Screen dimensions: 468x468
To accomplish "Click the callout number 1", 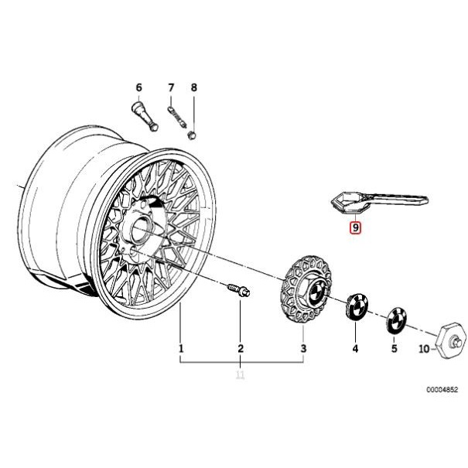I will (181, 349).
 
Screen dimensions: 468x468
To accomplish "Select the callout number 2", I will (241, 349).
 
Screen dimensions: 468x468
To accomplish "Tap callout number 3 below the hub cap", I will (303, 349).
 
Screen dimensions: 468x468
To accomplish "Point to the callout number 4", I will (356, 349).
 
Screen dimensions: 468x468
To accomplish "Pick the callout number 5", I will (394, 349).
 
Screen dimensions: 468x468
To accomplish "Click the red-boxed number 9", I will (355, 227).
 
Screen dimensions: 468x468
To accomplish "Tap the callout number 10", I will (423, 349).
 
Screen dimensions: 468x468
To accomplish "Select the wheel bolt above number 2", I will (237, 292).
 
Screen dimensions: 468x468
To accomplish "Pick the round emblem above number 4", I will (357, 307).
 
